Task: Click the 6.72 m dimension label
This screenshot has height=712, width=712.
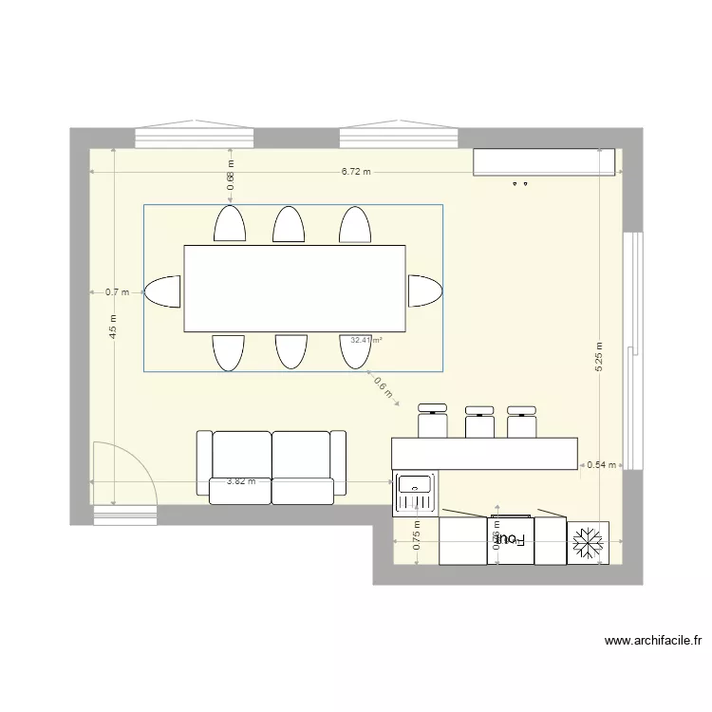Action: (x=357, y=172)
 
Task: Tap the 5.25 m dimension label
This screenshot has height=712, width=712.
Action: (x=599, y=358)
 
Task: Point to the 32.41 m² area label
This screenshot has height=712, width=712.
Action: (x=365, y=340)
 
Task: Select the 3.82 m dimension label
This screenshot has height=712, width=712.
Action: (x=241, y=481)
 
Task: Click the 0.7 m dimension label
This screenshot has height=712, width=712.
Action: (x=117, y=293)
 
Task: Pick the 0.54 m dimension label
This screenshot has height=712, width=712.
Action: (x=602, y=465)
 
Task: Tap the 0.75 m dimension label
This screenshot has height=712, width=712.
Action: (x=418, y=539)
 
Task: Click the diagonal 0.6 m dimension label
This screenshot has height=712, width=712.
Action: (x=384, y=390)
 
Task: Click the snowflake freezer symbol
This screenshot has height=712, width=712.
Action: (x=588, y=542)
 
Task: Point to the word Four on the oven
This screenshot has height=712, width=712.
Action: (x=511, y=538)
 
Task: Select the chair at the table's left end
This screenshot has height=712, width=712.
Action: (x=162, y=291)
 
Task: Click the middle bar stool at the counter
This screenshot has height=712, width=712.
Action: (x=479, y=421)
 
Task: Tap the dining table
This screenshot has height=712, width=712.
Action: (x=294, y=289)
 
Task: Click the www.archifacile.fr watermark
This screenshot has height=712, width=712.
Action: (x=653, y=641)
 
